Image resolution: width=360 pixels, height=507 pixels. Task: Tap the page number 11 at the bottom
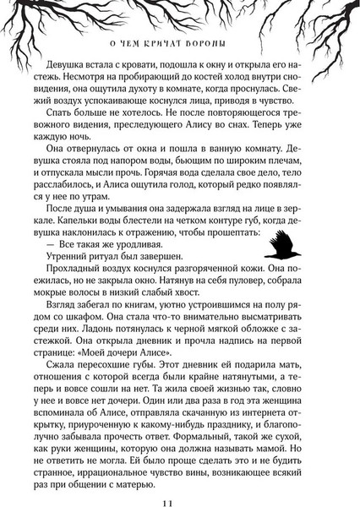(179, 482)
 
